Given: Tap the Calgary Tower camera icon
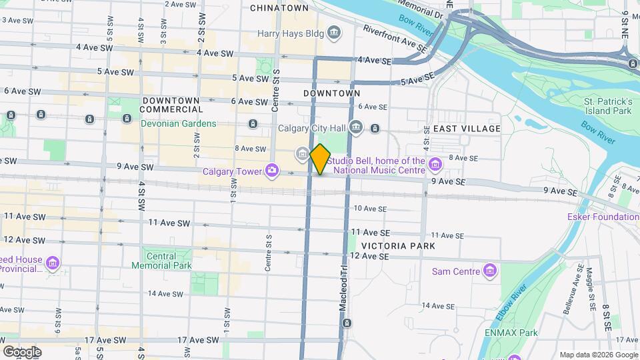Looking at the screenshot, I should [271, 172].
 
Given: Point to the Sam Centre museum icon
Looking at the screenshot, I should [491, 271].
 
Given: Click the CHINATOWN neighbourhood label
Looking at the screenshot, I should [279, 8].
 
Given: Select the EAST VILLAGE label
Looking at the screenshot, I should [466, 128].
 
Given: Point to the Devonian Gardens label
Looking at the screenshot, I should [178, 123].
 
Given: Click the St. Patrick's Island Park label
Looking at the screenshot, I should [607, 105].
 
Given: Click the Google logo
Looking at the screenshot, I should [22, 351].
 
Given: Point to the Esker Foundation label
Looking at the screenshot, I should [603, 217].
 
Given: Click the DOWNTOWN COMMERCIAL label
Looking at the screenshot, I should [171, 105].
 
